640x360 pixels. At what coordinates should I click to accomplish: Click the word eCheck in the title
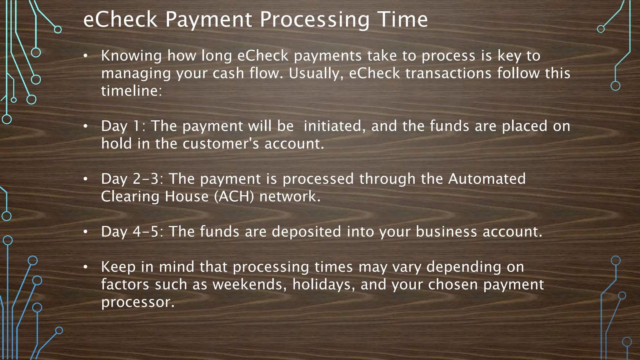(x=120, y=19)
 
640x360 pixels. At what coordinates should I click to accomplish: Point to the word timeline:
(x=132, y=91)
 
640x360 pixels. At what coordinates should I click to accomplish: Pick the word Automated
(x=487, y=179)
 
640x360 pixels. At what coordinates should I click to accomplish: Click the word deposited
(x=306, y=232)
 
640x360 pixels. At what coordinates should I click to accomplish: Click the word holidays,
(x=324, y=284)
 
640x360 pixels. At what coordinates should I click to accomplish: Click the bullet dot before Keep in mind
(x=85, y=267)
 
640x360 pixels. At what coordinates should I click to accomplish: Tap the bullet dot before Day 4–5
(x=85, y=232)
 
